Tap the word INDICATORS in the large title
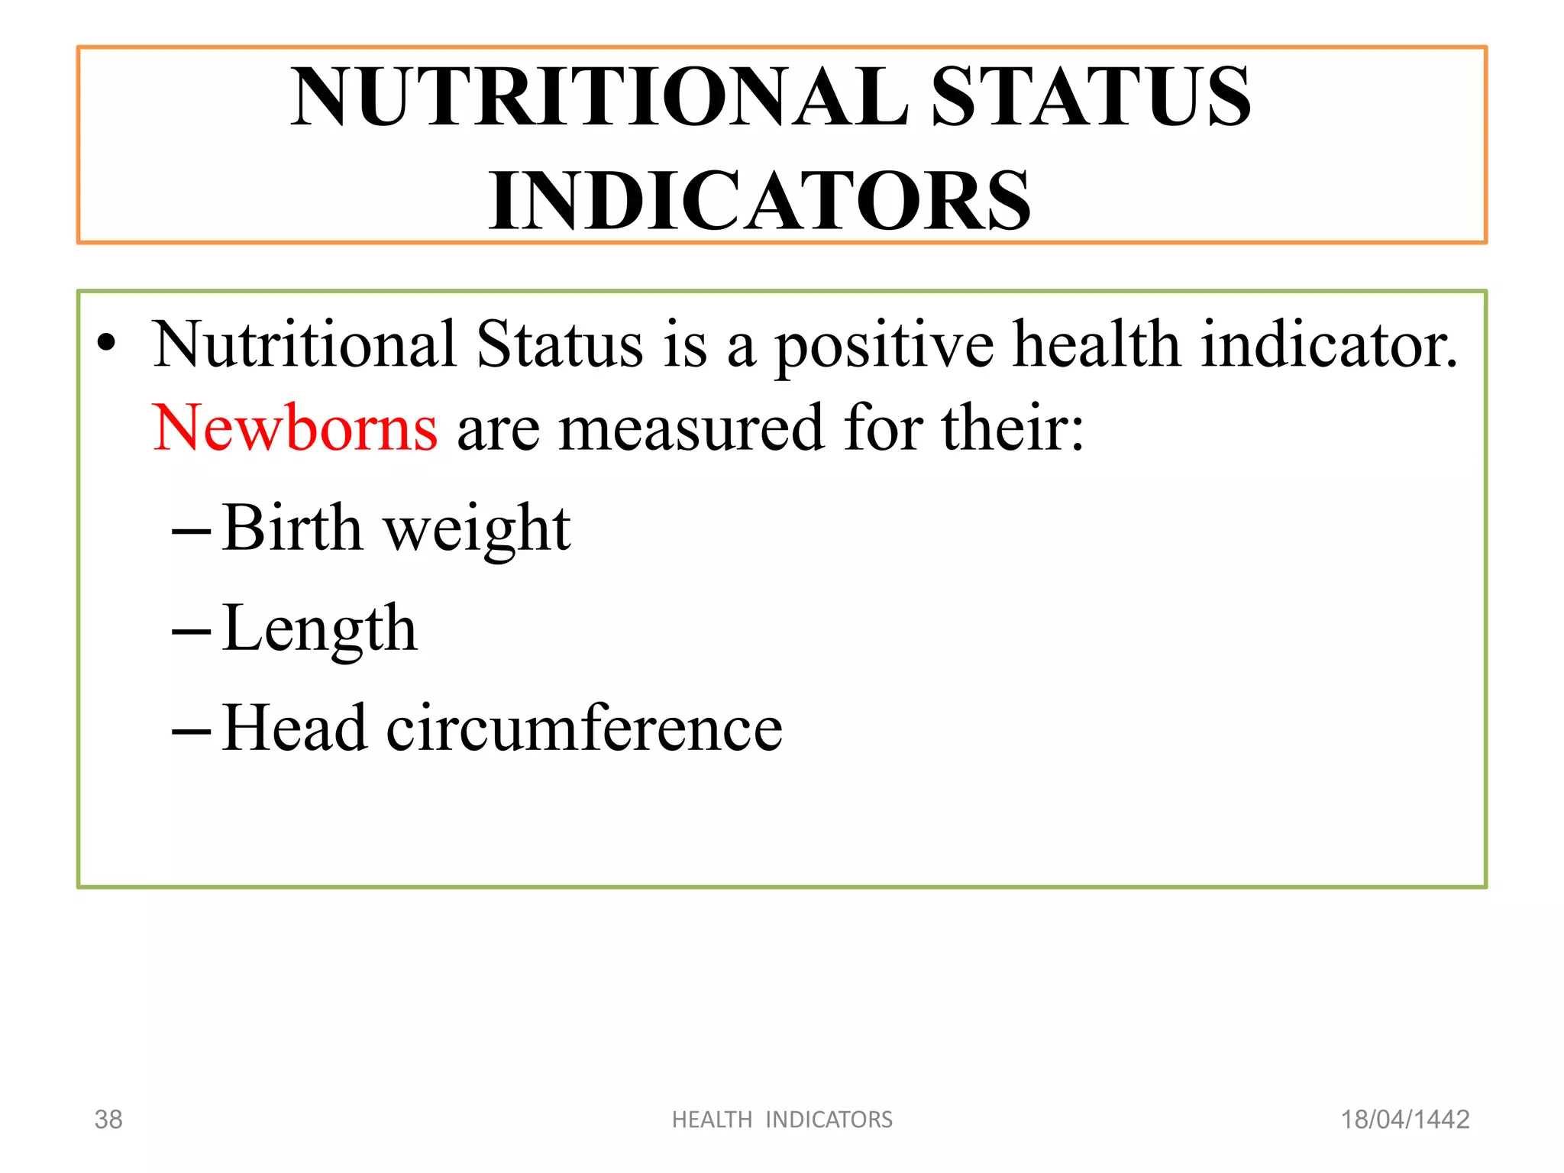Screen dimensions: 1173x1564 tap(760, 201)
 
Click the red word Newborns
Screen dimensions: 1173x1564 tap(295, 428)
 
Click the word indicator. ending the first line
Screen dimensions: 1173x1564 tap(1329, 344)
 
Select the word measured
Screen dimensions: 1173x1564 tap(692, 428)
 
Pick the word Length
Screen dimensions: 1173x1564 tap(320, 630)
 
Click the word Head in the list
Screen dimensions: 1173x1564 tap(294, 728)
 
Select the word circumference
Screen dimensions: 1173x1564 tap(584, 728)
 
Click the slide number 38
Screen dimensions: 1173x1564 tap(108, 1120)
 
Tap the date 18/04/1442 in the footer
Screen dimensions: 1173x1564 tap(1405, 1120)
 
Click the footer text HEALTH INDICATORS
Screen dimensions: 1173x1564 tap(782, 1120)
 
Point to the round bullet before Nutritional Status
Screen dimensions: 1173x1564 tap(107, 344)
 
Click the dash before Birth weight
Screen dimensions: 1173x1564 tap(191, 532)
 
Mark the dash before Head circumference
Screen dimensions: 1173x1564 tap(191, 732)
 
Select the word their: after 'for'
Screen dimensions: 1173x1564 tap(1012, 428)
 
